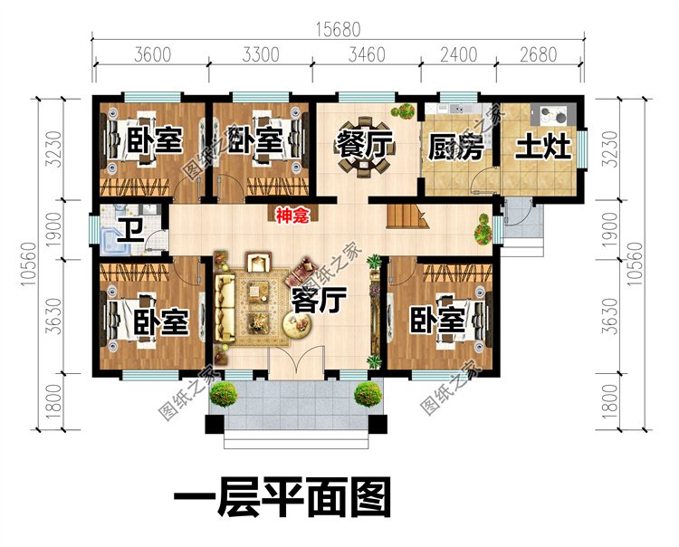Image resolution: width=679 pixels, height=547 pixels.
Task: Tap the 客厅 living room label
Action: [x=316, y=301]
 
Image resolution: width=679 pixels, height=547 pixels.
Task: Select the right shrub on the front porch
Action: [x=368, y=393]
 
